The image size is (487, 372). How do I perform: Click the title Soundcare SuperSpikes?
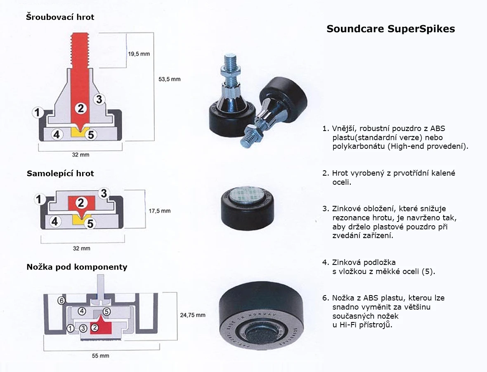pos(390,29)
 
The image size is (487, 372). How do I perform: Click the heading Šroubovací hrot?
pos(60,17)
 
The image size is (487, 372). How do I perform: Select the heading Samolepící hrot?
pos(60,173)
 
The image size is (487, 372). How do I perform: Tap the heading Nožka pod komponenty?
pos(77,267)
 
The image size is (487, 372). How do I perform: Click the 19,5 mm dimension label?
pos(139,54)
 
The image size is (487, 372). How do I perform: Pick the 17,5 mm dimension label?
pos(159,211)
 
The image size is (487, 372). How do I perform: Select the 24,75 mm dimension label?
pos(192,315)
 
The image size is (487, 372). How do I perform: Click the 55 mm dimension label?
pos(101,355)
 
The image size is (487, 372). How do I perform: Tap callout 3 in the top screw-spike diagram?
pos(99,99)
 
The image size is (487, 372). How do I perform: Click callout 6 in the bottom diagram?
pos(61,300)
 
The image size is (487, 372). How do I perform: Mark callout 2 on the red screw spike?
pos(81,108)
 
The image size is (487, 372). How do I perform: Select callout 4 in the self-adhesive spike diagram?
pos(56,222)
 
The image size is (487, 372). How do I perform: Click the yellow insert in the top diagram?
pos(78,132)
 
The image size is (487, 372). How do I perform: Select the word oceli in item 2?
pos(342,182)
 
